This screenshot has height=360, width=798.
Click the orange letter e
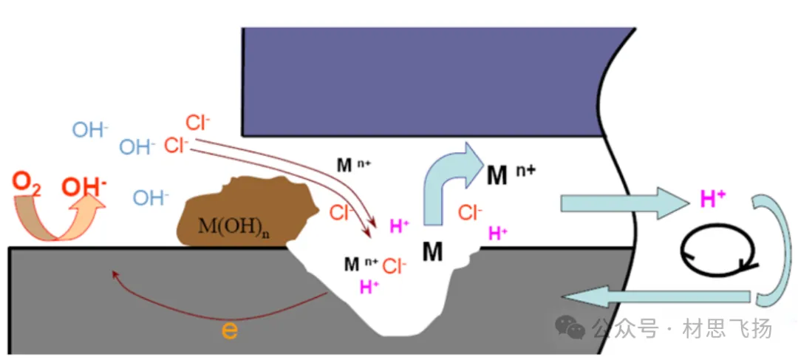(x=230, y=330)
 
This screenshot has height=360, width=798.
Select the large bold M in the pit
(x=432, y=252)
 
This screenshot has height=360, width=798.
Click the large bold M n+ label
(x=511, y=174)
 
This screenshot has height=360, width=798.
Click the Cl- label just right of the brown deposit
(x=341, y=214)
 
